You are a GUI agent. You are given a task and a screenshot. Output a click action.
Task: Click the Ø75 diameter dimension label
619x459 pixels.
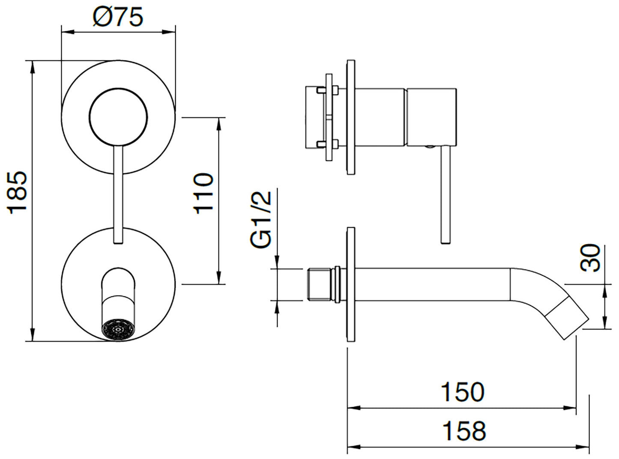coord(118,17)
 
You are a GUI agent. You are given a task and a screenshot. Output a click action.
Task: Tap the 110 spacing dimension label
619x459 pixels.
coord(203,193)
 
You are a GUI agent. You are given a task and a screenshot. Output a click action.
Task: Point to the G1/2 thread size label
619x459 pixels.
coord(261,219)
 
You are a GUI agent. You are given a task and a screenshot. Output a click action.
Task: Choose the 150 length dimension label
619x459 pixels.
coord(463,392)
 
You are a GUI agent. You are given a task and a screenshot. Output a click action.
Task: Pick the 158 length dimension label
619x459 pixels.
coord(464,431)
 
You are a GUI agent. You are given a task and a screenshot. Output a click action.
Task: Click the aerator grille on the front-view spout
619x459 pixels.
coord(118,330)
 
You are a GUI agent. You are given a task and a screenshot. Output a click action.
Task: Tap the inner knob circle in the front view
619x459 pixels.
coord(118,116)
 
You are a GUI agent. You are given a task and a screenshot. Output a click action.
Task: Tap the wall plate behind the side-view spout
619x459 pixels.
coord(351,285)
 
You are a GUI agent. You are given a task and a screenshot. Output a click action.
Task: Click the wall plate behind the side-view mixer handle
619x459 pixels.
coord(351,117)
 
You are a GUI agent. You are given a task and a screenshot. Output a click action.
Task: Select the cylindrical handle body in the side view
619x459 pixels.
coord(431,117)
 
